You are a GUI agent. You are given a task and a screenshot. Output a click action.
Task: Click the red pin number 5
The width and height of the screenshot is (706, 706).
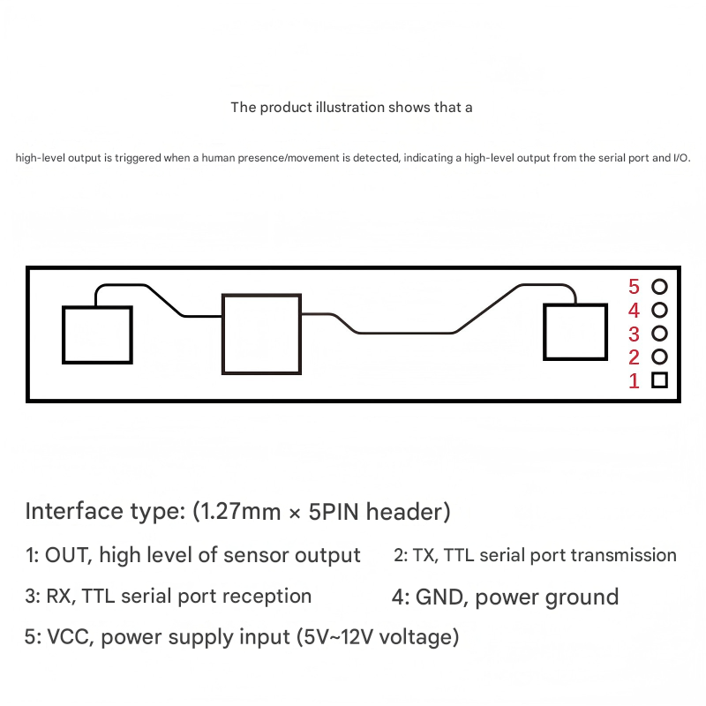click(634, 287)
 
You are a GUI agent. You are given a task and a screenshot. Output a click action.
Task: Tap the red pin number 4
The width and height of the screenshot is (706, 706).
click(634, 311)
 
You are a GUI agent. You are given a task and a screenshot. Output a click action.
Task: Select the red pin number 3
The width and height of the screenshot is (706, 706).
click(634, 334)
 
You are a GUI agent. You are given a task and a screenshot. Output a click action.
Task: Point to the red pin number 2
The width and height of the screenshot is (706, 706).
click(634, 357)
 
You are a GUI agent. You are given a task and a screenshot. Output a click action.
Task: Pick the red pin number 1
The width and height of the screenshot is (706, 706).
click(634, 381)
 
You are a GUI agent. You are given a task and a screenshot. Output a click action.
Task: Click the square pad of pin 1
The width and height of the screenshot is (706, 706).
click(659, 380)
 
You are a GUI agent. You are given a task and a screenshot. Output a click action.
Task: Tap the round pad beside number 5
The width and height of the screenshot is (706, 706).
click(659, 287)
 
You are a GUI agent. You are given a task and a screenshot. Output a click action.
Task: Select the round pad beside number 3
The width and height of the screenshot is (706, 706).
click(659, 334)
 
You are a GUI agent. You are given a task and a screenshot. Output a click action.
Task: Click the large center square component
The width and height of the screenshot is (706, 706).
click(261, 334)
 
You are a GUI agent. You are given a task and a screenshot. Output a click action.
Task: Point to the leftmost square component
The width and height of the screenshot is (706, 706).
click(97, 334)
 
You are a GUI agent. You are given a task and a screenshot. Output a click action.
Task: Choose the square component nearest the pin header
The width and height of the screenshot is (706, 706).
click(575, 332)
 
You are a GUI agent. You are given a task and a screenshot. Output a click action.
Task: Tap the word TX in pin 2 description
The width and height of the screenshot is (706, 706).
click(424, 556)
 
